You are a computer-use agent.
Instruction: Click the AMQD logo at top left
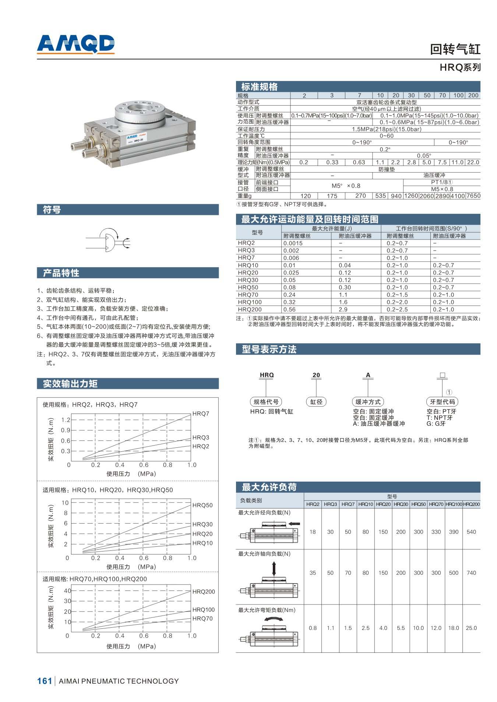tap(75, 44)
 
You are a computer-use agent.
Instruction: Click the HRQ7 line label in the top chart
tap(201, 414)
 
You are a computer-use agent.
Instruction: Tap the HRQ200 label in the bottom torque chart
tap(203, 592)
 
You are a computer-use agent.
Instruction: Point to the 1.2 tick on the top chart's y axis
tap(66, 420)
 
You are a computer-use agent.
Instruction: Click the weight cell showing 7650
tap(473, 196)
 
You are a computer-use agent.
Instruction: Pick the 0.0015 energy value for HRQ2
tap(293, 243)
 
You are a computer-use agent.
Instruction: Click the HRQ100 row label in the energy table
tap(250, 302)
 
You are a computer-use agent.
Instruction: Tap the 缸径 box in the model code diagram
tap(316, 402)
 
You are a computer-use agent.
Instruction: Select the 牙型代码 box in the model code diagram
tap(442, 402)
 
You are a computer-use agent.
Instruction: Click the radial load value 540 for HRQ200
tap(471, 532)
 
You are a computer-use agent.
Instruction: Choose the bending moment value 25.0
tap(471, 628)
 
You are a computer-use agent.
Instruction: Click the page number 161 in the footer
tap(45, 681)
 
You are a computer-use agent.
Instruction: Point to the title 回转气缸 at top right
tap(455, 49)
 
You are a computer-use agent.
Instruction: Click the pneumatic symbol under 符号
tap(108, 239)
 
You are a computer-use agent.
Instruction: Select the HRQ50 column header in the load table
tap(418, 504)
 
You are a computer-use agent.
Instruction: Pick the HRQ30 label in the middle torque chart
tap(202, 524)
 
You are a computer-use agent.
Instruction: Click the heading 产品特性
tap(61, 273)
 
